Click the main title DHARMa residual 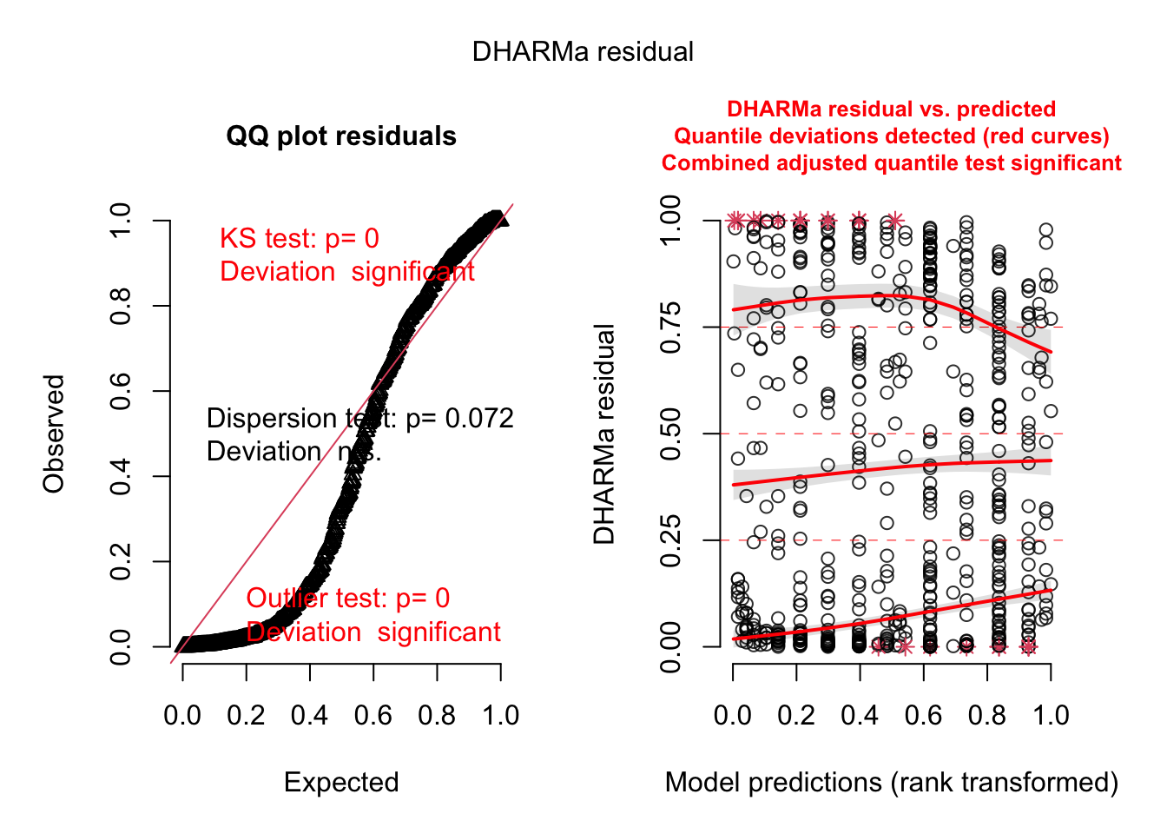point(583,52)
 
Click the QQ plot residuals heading point(341,136)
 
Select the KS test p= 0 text point(300,239)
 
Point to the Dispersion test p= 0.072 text point(359,419)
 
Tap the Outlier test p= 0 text point(348,599)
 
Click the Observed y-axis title point(54,434)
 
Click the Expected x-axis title point(341,783)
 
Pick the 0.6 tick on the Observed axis point(122,391)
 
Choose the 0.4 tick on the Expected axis point(310,716)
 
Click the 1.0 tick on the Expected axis point(500,716)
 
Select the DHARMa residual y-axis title point(604,434)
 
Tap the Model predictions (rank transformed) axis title point(892,783)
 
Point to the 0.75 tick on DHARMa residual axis point(671,328)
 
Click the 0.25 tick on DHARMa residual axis point(671,540)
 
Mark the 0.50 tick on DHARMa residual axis point(671,434)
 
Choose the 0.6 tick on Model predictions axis point(923,716)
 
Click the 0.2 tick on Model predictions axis point(796,716)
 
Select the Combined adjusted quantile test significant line point(892,163)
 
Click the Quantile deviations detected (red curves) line point(892,136)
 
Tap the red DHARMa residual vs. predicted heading point(892,109)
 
